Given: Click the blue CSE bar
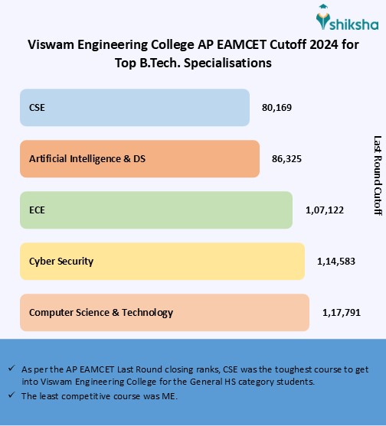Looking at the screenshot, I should [x=134, y=108].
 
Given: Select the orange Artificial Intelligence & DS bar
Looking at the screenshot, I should [x=139, y=159].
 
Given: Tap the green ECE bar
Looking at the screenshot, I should [x=156, y=210].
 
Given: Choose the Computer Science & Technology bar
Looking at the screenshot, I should [x=165, y=312].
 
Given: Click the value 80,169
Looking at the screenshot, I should [x=276, y=108].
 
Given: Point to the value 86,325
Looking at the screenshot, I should [x=286, y=159].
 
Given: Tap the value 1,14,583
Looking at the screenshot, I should [x=335, y=261].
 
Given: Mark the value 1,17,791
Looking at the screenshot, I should [x=339, y=312].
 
